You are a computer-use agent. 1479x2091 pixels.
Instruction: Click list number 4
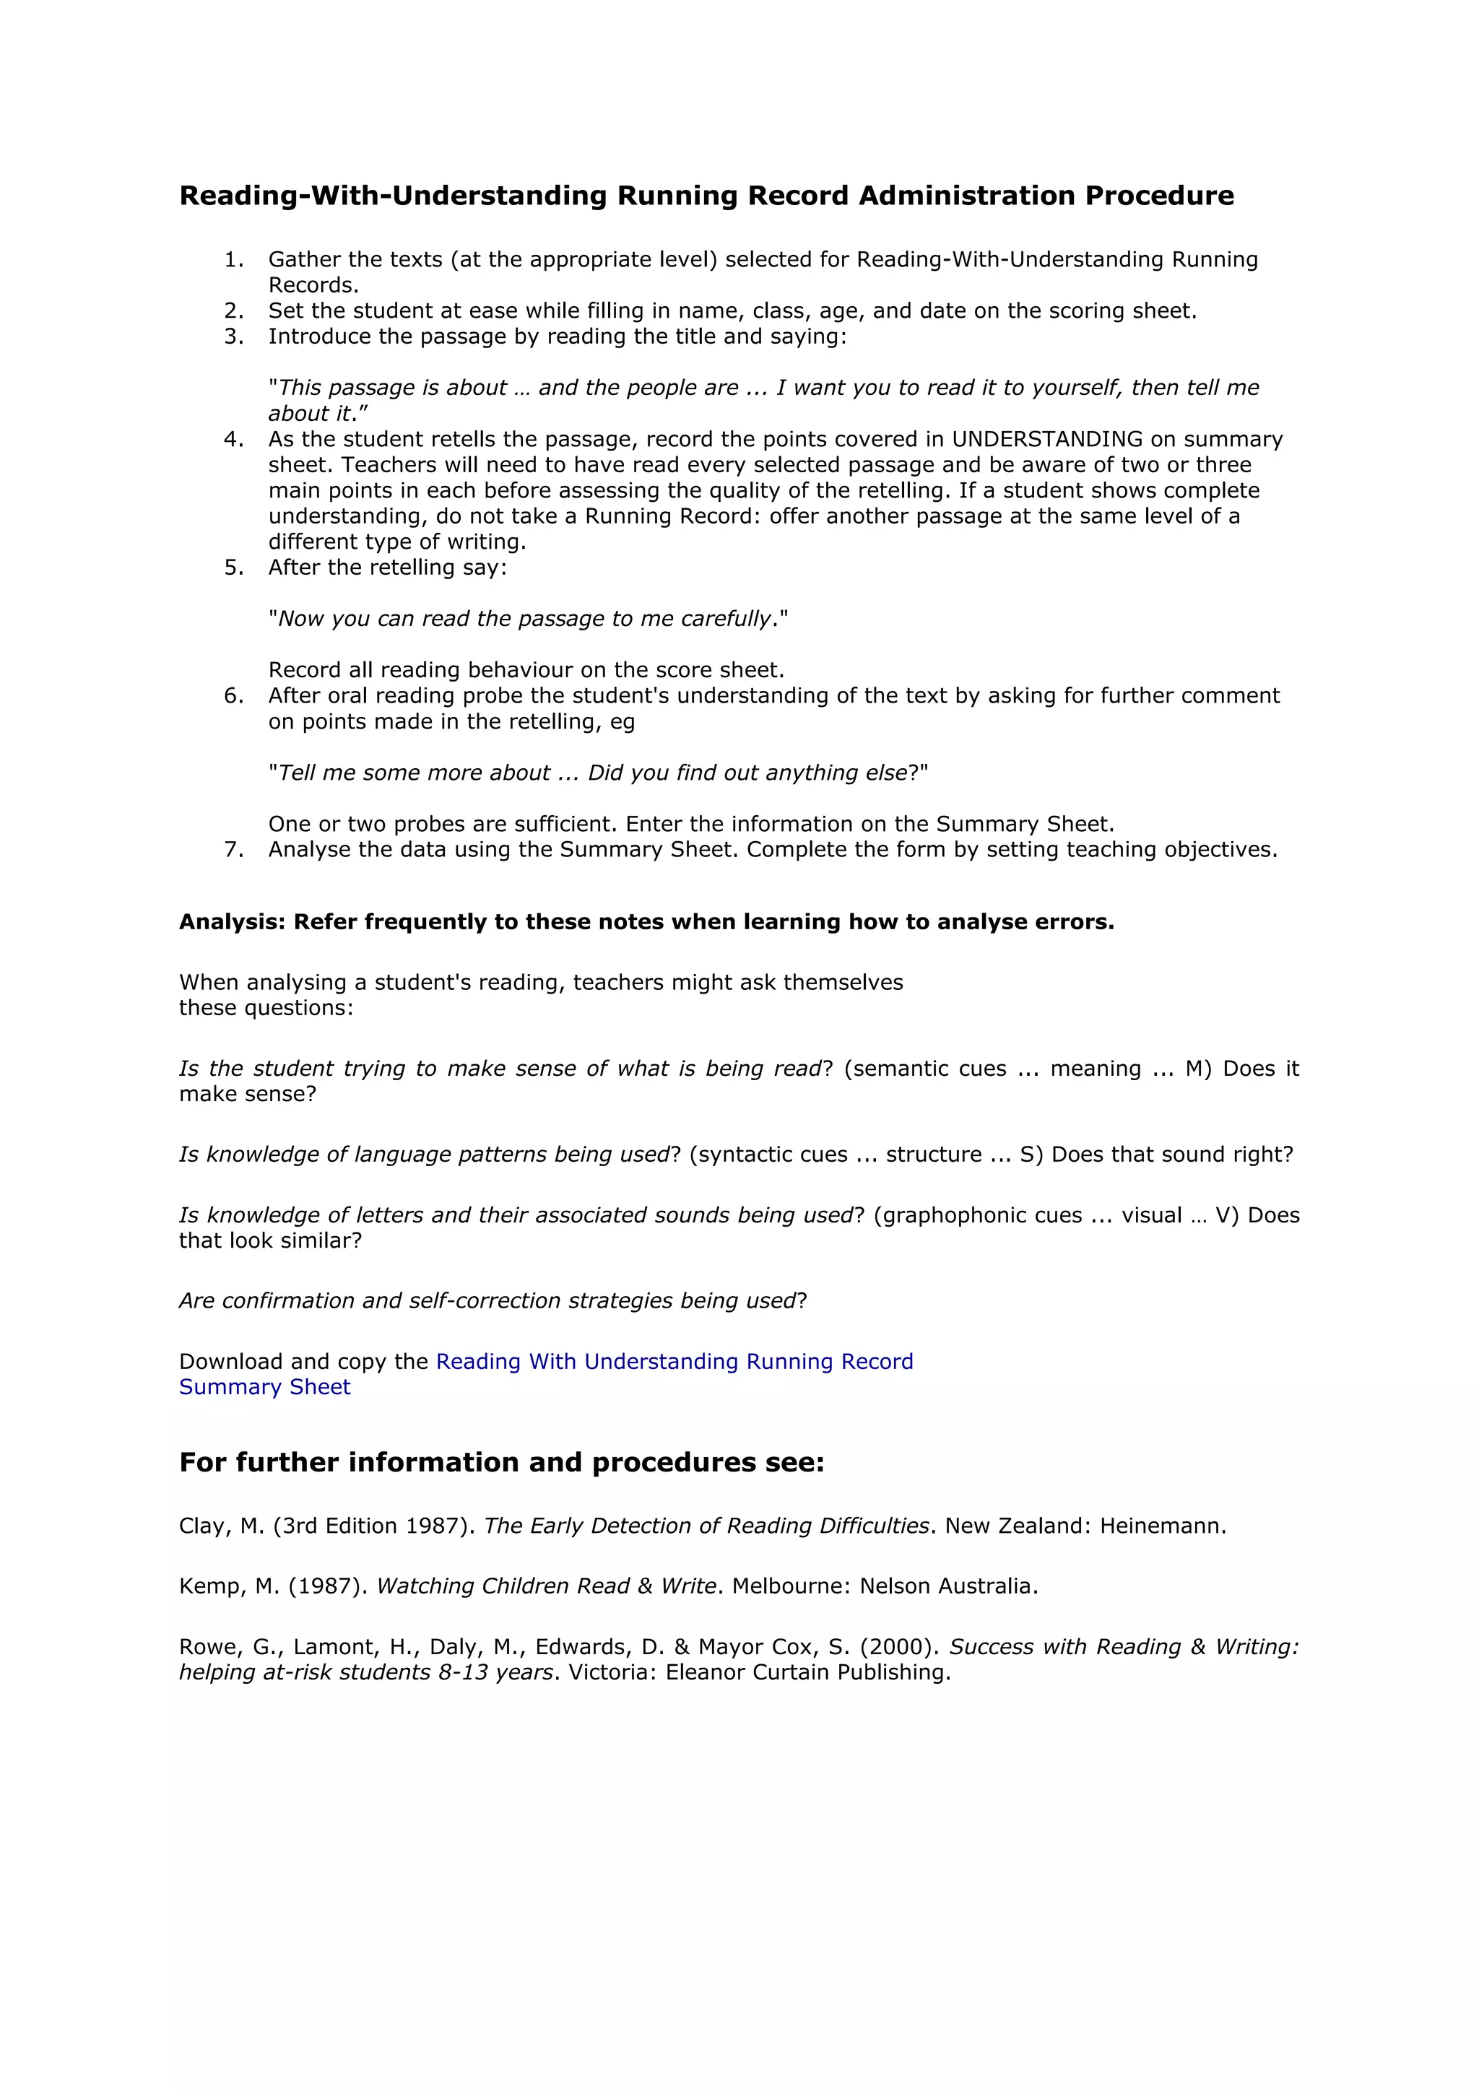click(x=233, y=439)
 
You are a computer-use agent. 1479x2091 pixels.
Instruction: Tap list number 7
click(x=233, y=850)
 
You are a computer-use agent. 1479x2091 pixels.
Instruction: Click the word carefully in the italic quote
click(x=724, y=620)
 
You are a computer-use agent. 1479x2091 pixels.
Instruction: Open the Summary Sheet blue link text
click(x=265, y=1387)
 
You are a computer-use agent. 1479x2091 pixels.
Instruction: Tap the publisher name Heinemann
click(x=1162, y=1526)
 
